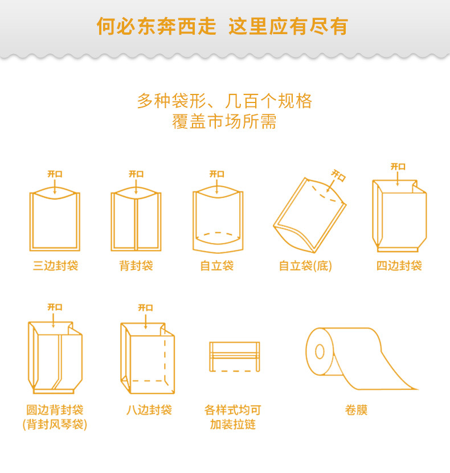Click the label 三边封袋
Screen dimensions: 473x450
point(55,266)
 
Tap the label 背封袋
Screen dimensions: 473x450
point(136,266)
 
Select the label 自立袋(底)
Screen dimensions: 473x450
point(305,266)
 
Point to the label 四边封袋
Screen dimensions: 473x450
point(399,266)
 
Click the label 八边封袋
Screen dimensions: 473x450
point(149,410)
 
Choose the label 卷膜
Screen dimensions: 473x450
point(356,410)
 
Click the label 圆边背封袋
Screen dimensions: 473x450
point(55,410)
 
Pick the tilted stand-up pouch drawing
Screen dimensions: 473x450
point(309,216)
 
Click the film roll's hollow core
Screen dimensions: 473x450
point(319,351)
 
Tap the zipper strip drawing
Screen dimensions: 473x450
point(234,356)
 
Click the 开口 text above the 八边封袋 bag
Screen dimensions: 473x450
point(145,308)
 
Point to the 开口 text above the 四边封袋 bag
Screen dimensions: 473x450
point(398,167)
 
